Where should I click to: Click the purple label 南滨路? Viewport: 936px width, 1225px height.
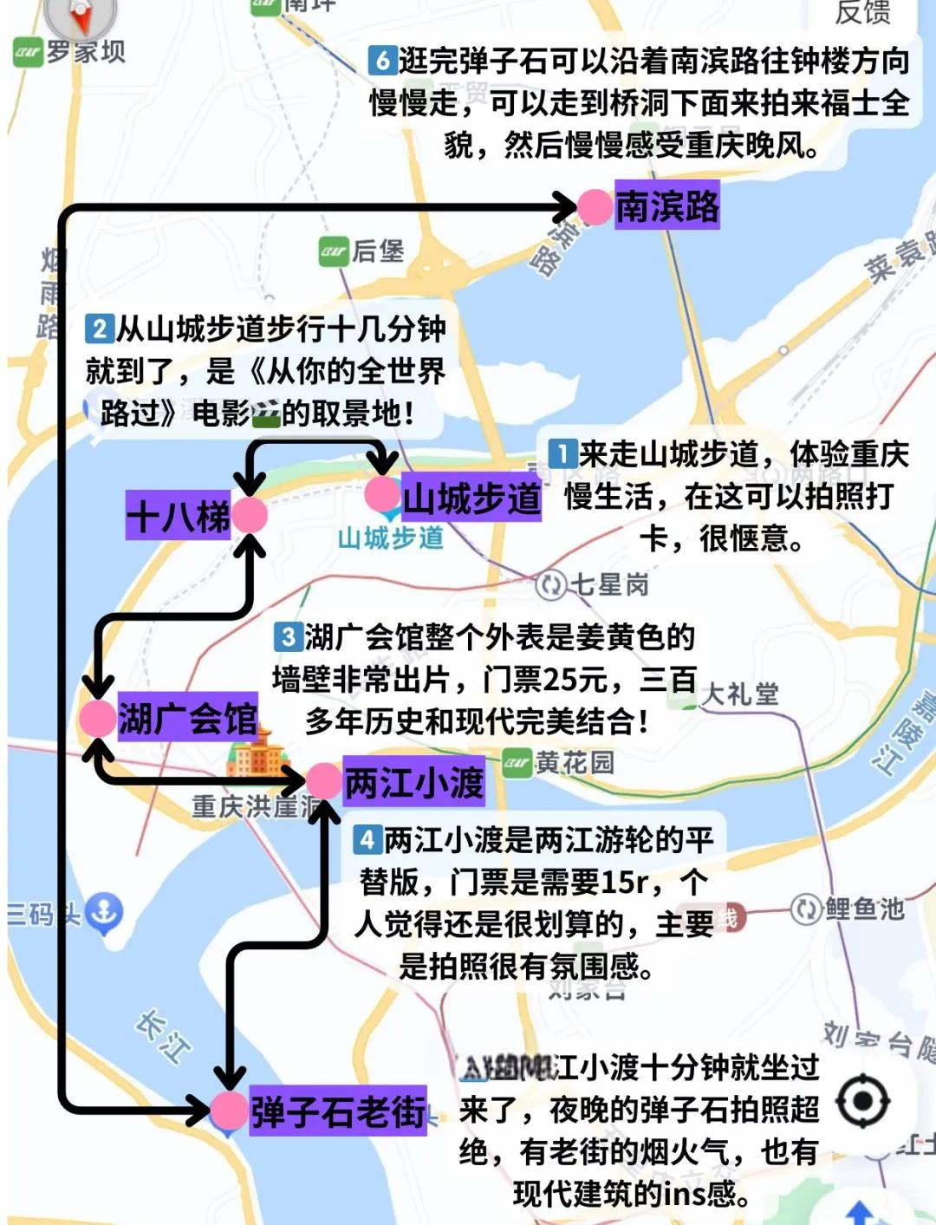pyautogui.click(x=666, y=206)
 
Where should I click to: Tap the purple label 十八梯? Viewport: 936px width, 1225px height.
pyautogui.click(x=178, y=517)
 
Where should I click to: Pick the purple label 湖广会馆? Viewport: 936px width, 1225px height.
pyautogui.click(x=187, y=719)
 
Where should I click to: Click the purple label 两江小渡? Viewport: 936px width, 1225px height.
pyautogui.click(x=413, y=782)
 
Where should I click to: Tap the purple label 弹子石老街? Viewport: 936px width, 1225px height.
pyautogui.click(x=338, y=1111)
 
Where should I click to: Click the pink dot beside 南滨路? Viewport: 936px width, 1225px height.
pyautogui.click(x=595, y=207)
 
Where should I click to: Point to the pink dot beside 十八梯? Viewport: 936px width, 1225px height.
pyautogui.click(x=250, y=516)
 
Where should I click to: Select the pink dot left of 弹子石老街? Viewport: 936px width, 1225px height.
pyautogui.click(x=230, y=1111)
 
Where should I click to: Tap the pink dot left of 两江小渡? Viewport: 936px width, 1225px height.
pyautogui.click(x=323, y=781)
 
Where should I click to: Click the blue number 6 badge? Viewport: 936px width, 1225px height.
pyautogui.click(x=382, y=61)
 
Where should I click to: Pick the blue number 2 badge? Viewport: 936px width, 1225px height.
pyautogui.click(x=99, y=329)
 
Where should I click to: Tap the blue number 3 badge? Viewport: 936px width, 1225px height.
pyautogui.click(x=287, y=637)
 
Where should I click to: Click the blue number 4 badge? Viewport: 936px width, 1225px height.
pyautogui.click(x=367, y=839)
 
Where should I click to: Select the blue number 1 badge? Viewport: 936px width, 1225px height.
pyautogui.click(x=562, y=453)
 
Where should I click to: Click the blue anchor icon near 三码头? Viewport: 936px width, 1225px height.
pyautogui.click(x=104, y=912)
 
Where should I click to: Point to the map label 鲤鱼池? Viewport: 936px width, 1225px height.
pyautogui.click(x=863, y=909)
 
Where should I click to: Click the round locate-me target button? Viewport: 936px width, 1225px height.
pyautogui.click(x=862, y=1102)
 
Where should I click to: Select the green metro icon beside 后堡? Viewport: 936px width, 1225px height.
pyautogui.click(x=333, y=251)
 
